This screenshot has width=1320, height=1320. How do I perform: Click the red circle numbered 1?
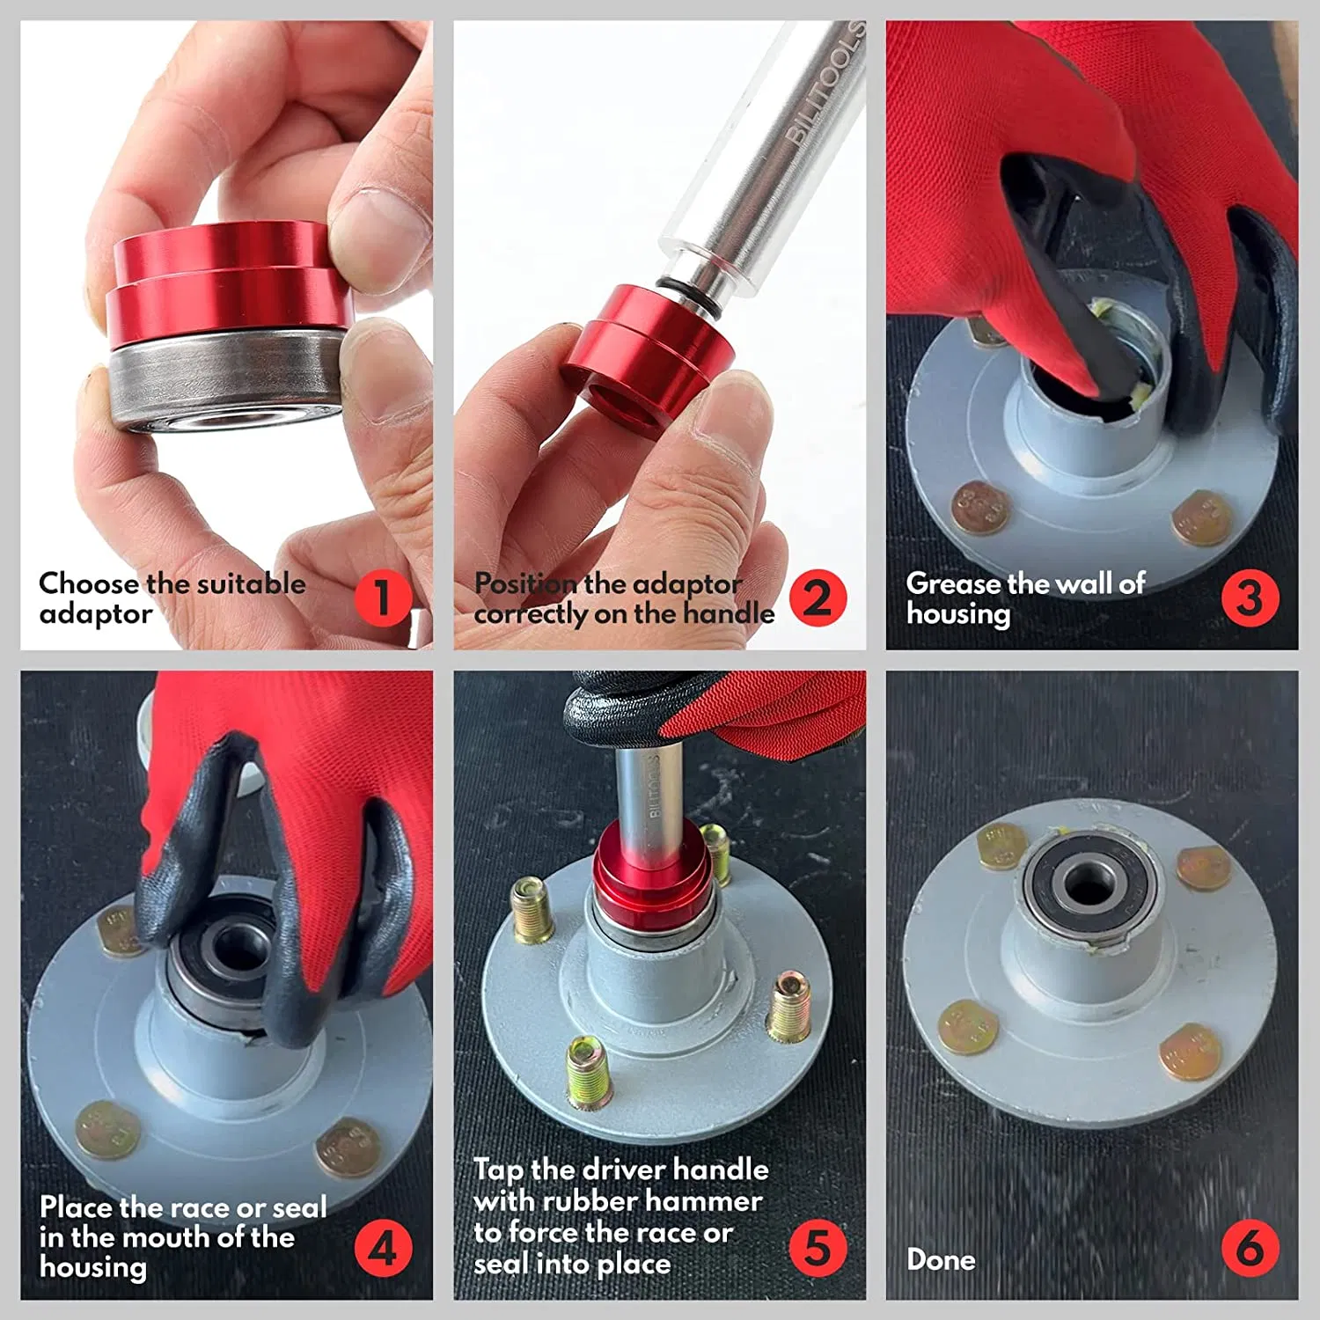pyautogui.click(x=383, y=598)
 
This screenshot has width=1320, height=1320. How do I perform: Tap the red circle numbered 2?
pyautogui.click(x=818, y=598)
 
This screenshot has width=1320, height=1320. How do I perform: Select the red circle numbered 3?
pyautogui.click(x=1250, y=598)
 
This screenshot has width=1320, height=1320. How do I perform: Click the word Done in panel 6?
pyautogui.click(x=941, y=1259)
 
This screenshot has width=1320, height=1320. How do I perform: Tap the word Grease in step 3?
pyautogui.click(x=953, y=583)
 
